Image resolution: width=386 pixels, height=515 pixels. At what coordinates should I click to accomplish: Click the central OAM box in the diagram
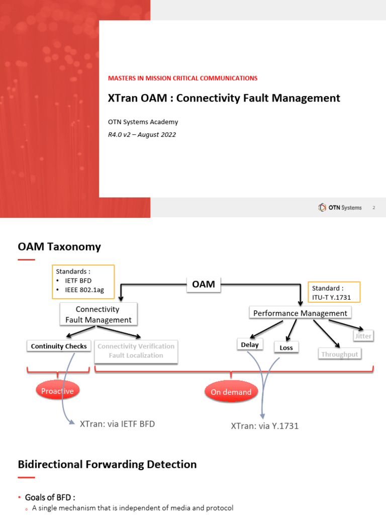[x=204, y=284]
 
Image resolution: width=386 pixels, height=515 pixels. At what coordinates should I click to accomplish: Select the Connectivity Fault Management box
[x=99, y=314]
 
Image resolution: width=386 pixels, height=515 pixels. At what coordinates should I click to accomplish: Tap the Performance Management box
[x=300, y=313]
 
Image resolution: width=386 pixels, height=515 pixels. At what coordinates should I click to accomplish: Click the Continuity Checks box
[x=59, y=346]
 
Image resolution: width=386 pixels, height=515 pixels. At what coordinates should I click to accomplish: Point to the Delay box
[x=250, y=345]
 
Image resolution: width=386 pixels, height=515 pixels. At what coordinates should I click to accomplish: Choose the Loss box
[x=286, y=348]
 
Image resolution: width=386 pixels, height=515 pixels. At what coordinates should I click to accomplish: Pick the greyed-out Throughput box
[x=340, y=354]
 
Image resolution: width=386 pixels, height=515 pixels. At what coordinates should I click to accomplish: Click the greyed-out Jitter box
[x=363, y=335]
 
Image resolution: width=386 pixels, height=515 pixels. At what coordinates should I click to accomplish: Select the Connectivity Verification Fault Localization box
[x=136, y=351]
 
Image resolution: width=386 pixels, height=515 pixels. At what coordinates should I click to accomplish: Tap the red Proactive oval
[x=58, y=391]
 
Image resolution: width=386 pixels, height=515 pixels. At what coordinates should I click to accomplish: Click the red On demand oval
[x=231, y=392]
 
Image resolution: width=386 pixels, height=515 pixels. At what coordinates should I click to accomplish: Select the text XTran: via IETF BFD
[x=117, y=424]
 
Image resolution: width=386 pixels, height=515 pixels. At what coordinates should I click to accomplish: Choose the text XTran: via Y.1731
[x=265, y=426]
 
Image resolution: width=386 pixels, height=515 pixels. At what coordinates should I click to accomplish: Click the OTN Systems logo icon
[x=322, y=208]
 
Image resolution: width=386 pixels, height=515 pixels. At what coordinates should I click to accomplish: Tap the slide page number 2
[x=373, y=208]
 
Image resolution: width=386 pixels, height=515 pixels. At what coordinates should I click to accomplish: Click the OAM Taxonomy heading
[x=59, y=246]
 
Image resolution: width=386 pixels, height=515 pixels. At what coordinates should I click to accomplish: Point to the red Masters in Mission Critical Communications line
[x=182, y=78]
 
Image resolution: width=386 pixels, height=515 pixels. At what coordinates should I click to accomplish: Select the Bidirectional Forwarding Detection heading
[x=107, y=464]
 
